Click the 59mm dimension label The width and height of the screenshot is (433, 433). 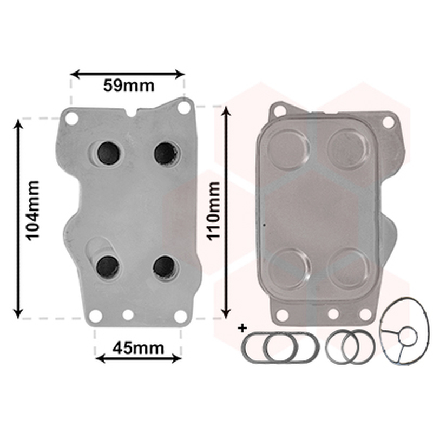click(x=129, y=86)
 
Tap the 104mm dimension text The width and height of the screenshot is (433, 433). click(x=32, y=211)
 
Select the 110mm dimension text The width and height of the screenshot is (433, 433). click(x=214, y=211)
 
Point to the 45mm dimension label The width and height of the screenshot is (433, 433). click(x=138, y=348)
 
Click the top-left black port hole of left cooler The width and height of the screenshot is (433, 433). click(x=109, y=153)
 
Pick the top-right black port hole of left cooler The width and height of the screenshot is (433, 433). click(x=166, y=153)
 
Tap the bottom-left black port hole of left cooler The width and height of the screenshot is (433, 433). click(x=108, y=267)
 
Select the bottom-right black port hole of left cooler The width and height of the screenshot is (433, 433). click(x=164, y=267)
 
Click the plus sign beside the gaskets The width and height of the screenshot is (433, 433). click(x=242, y=329)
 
